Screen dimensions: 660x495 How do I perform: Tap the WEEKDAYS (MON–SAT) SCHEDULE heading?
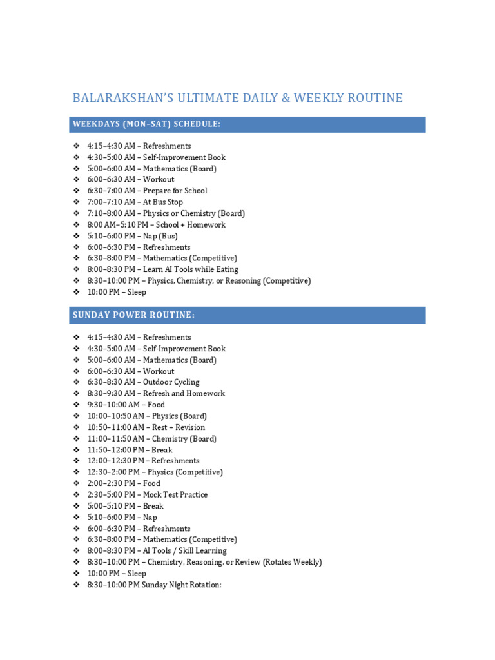[x=147, y=124]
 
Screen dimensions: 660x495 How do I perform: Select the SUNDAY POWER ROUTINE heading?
[x=133, y=315]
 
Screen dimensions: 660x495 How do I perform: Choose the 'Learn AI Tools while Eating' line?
[x=162, y=269]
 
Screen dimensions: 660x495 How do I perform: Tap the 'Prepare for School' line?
[x=147, y=191]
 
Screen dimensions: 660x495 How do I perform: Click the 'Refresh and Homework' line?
[x=156, y=393]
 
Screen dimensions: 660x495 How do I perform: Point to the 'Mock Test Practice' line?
[x=148, y=494]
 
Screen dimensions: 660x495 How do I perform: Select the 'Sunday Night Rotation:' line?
[x=154, y=585]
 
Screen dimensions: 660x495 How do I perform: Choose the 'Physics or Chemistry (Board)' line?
[x=166, y=213]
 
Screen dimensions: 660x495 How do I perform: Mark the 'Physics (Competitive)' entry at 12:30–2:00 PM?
[x=155, y=472]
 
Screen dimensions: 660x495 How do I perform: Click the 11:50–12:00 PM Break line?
[x=130, y=449]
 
